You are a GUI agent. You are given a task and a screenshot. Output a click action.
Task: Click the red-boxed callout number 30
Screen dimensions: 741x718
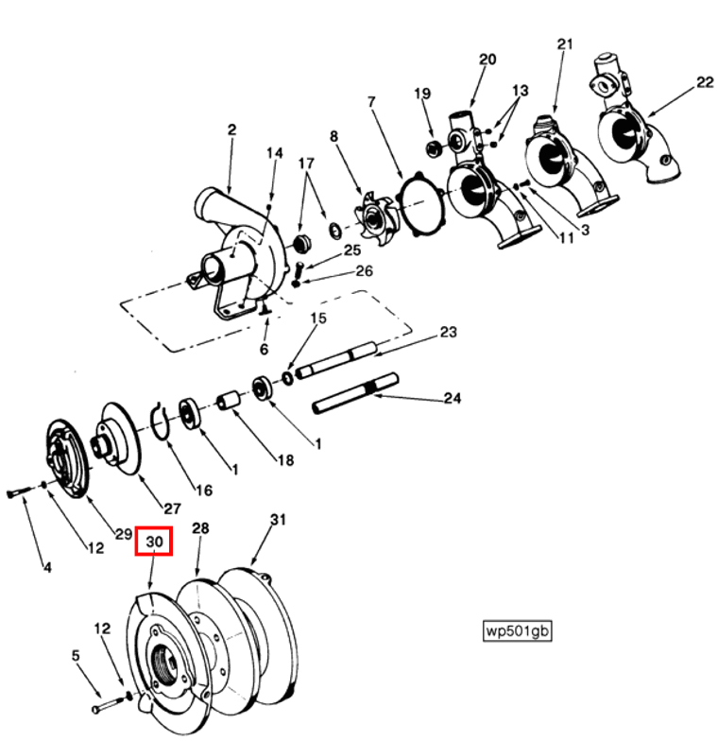tap(154, 542)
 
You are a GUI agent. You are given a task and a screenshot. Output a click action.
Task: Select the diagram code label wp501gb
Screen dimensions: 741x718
tap(516, 630)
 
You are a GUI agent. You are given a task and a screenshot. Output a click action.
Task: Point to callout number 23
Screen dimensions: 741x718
tap(448, 332)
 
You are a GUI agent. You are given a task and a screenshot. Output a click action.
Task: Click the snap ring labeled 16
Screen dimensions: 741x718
tap(162, 421)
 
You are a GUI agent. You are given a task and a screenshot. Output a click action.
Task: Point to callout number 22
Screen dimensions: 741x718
tap(704, 82)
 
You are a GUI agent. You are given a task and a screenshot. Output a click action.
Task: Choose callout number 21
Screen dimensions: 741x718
tap(565, 44)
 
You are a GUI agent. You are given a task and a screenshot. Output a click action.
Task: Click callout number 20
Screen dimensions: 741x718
tap(487, 59)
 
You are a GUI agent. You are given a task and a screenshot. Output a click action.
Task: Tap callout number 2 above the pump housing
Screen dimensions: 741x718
tap(231, 129)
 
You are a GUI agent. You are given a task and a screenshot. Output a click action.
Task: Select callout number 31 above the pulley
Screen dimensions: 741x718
tap(277, 520)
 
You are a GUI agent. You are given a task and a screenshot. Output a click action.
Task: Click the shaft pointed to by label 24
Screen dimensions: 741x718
tap(355, 395)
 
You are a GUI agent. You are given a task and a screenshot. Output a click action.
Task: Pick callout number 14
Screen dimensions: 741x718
tap(274, 153)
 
